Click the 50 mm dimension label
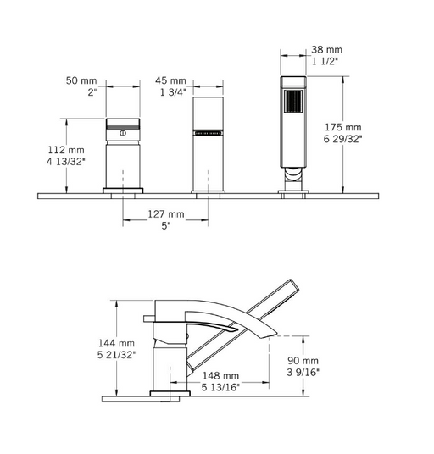[x=81, y=80]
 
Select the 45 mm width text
[x=170, y=80]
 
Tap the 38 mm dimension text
[x=326, y=49]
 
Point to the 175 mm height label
[x=342, y=127]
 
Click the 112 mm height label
[x=66, y=150]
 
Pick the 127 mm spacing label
[x=166, y=214]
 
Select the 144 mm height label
[x=116, y=343]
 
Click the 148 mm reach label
[x=220, y=376]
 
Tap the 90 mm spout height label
[x=303, y=361]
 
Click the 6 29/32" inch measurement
[x=342, y=139]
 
